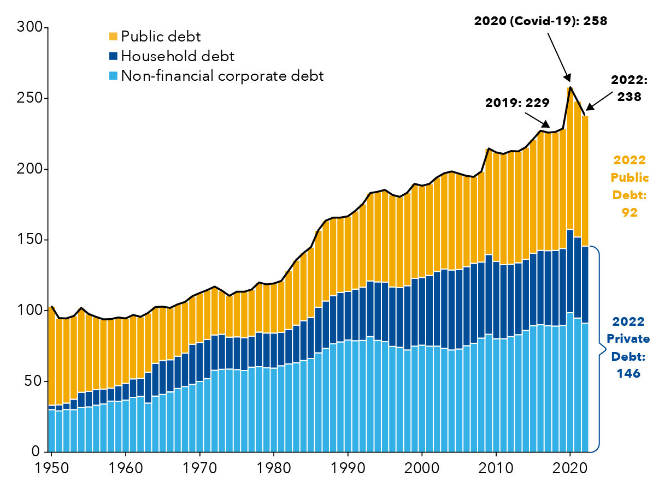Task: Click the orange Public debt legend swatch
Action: click(114, 37)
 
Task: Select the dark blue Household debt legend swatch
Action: click(114, 56)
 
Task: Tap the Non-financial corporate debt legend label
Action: click(222, 76)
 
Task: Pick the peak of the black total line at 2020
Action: click(570, 87)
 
